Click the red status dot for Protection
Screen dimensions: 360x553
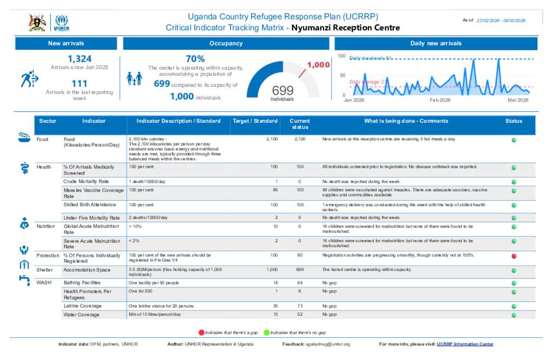[x=514, y=256]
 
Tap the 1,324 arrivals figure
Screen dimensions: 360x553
[x=79, y=59]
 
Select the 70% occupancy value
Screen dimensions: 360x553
[x=195, y=59]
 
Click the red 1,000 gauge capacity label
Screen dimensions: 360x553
[x=318, y=65]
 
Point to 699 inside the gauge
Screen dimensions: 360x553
[x=282, y=90]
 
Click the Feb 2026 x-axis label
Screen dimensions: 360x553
[x=440, y=100]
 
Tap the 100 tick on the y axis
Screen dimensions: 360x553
[x=341, y=56]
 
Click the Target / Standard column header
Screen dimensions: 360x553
[x=255, y=121]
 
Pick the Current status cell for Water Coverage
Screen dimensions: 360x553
[x=300, y=314]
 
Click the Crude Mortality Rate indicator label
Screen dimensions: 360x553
[x=86, y=181]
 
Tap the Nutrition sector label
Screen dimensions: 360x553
[x=46, y=226]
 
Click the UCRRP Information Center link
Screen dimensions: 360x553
[x=465, y=344]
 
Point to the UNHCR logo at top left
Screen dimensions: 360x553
[x=62, y=23]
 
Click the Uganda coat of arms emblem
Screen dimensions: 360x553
[x=37, y=23]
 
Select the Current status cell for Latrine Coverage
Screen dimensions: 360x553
[x=300, y=306]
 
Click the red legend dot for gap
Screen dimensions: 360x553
[x=201, y=332]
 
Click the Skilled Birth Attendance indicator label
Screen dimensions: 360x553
[x=90, y=205]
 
